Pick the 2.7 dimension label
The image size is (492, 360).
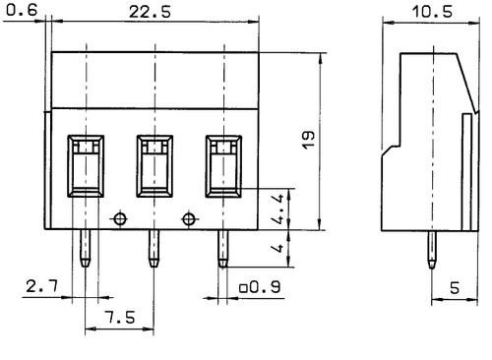(40, 286)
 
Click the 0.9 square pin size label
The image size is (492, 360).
(259, 286)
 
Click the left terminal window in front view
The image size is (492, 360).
(86, 164)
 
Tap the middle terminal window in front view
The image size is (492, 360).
(154, 164)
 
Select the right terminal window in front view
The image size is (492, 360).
(223, 164)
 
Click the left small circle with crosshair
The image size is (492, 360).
(120, 217)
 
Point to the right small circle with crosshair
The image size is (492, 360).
(189, 217)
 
